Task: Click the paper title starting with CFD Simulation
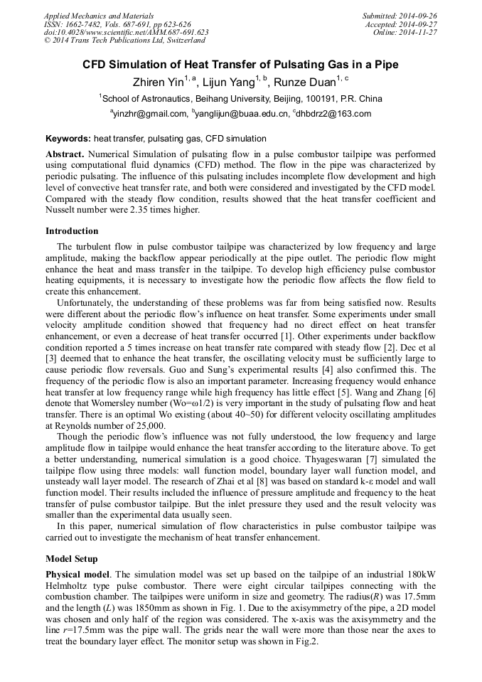click(240, 65)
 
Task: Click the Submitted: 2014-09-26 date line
click(400, 16)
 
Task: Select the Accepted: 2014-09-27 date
click(402, 24)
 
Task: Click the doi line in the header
click(126, 33)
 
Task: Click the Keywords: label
click(68, 139)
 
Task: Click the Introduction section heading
click(72, 231)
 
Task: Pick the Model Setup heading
click(72, 559)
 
